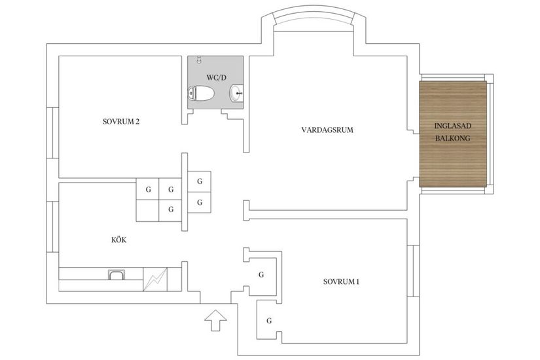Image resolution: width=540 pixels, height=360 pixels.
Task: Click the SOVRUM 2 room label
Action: tap(121, 121)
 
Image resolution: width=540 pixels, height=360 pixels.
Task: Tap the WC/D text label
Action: tap(216, 77)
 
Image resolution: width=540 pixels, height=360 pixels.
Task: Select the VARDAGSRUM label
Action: tap(327, 130)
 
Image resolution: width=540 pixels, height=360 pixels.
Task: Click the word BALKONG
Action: tap(452, 138)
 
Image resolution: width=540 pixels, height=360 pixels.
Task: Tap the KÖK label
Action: tap(118, 240)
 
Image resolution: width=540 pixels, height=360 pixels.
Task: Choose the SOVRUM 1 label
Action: tap(341, 282)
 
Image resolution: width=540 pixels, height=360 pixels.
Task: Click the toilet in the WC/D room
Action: tap(202, 95)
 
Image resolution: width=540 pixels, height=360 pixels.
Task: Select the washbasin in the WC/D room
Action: tap(236, 96)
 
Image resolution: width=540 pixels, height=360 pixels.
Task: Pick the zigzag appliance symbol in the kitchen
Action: tap(155, 280)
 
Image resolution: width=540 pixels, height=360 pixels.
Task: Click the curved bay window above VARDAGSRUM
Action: tap(312, 20)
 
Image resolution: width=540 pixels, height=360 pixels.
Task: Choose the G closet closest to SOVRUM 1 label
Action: tap(261, 274)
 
